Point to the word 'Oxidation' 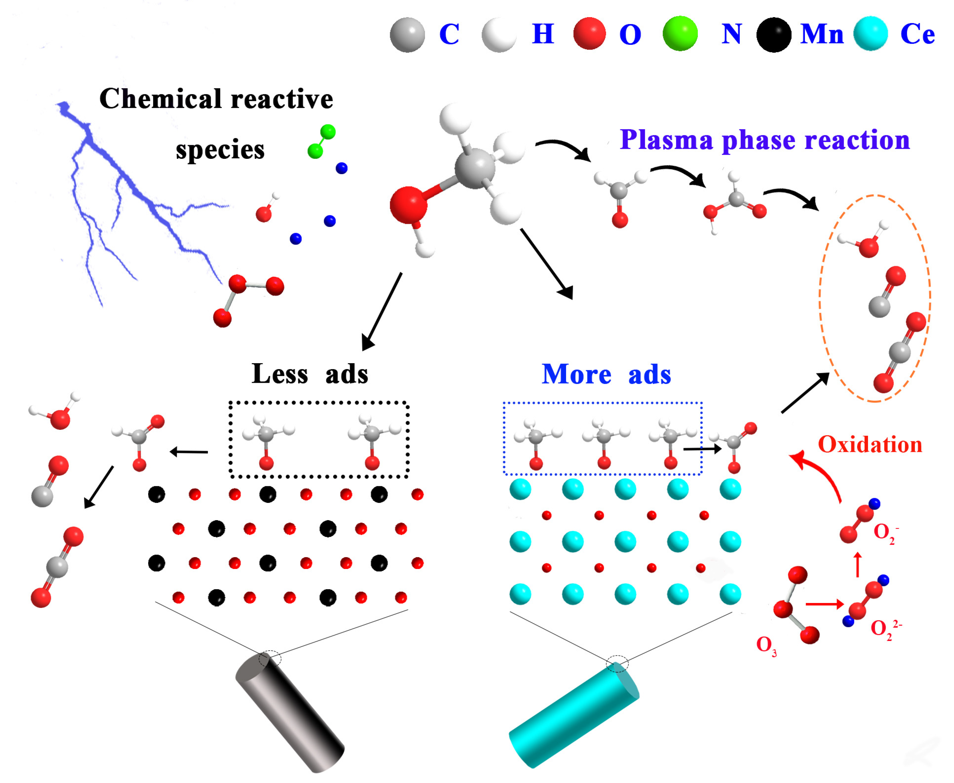(870, 445)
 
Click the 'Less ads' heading (310, 374)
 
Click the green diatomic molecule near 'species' (321, 142)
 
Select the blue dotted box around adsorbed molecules (602, 403)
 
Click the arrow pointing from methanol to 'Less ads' (381, 311)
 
